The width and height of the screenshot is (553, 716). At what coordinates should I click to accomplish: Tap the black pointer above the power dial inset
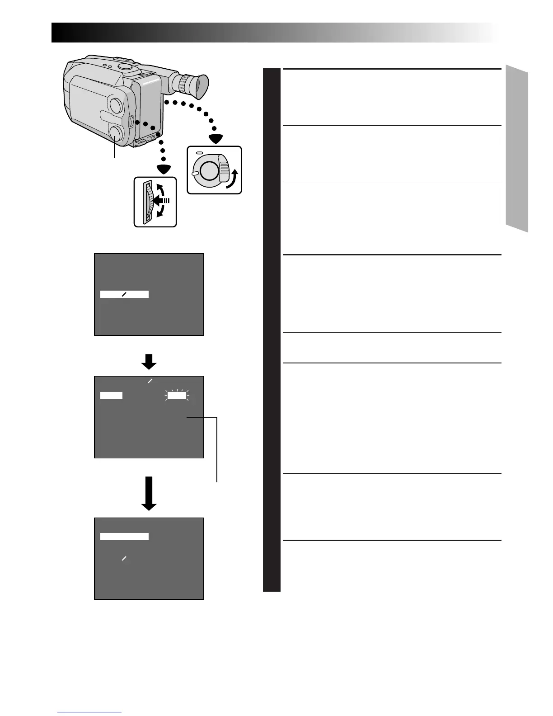pyautogui.click(x=214, y=138)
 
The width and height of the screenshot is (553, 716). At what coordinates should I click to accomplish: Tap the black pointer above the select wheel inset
pyautogui.click(x=164, y=169)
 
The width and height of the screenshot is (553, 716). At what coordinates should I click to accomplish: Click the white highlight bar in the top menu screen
pyautogui.click(x=124, y=295)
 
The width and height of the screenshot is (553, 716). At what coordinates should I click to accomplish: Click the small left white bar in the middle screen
pyautogui.click(x=111, y=396)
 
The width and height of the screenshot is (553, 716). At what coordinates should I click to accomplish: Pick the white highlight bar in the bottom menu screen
pyautogui.click(x=124, y=537)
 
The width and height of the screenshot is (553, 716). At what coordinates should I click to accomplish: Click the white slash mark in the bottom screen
pyautogui.click(x=124, y=559)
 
